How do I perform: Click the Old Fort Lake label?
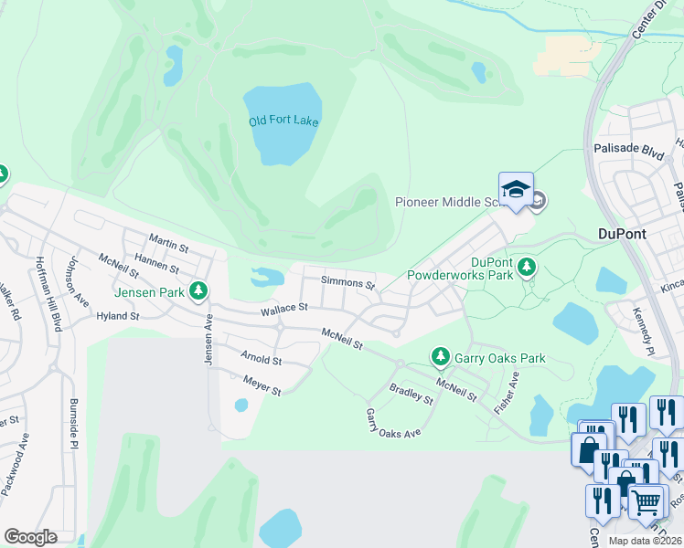pos(283,121)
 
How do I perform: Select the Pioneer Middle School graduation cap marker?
pos(516,189)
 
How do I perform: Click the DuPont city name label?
pos(621,234)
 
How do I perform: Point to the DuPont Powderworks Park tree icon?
pos(526,267)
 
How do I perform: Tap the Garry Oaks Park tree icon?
pos(441,356)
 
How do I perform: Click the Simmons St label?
pos(347,284)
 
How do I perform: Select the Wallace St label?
pos(283,311)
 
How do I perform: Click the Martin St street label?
pos(168,247)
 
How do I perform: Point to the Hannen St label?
pos(155,265)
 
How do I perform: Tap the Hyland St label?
pos(117,317)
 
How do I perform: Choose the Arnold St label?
pos(261,361)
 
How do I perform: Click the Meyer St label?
pos(262,385)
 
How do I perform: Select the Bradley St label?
pos(411,394)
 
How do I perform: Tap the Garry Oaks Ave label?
pos(393,423)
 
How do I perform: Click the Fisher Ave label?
pos(507,394)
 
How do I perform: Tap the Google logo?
pos(30,537)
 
